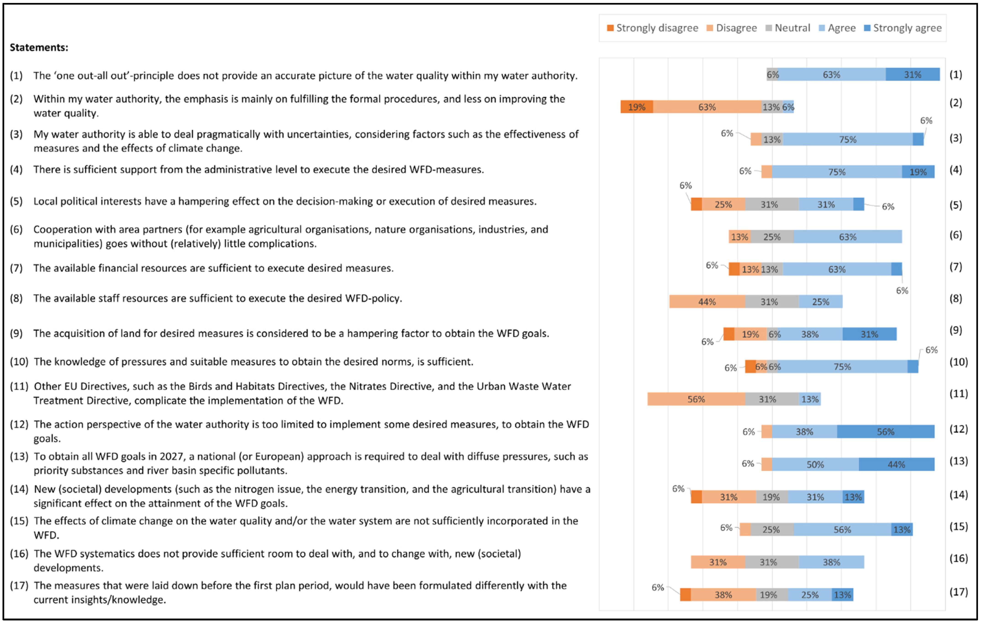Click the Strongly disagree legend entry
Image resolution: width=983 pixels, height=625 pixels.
coord(652,28)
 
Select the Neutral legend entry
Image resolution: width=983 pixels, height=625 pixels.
coord(788,28)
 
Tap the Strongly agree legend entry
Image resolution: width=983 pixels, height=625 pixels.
coord(903,28)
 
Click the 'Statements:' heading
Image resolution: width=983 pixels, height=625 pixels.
coord(39,47)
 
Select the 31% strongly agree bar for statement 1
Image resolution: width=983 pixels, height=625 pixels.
coord(912,75)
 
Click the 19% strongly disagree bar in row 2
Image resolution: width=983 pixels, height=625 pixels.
coord(636,107)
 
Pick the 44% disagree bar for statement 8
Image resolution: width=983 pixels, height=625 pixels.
coord(707,302)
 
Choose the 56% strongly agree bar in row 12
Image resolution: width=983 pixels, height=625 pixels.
coord(885,432)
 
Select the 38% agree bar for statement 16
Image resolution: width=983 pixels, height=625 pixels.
coord(831,562)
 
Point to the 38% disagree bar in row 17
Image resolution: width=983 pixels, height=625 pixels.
coord(723,595)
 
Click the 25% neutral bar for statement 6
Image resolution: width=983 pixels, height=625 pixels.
coord(772,237)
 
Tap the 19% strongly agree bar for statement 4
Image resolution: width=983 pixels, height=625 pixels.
coord(918,172)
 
